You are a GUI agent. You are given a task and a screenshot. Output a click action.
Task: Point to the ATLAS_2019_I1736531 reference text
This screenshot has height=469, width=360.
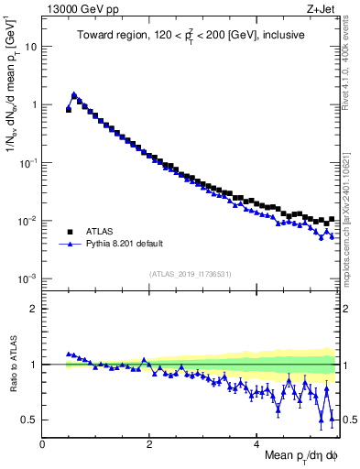click(190, 274)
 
